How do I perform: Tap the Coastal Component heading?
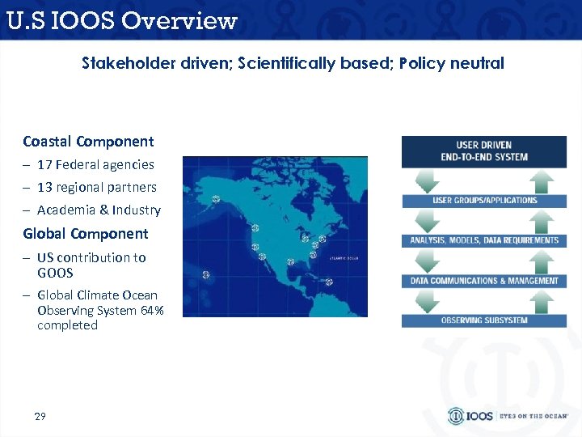pyautogui.click(x=88, y=142)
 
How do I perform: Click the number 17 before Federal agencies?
pyautogui.click(x=44, y=164)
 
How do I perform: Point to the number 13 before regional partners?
pyautogui.click(x=44, y=187)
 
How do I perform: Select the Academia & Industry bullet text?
pyautogui.click(x=99, y=210)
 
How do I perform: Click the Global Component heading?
pyautogui.click(x=86, y=234)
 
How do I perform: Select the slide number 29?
pyautogui.click(x=40, y=416)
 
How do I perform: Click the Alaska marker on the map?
pyautogui.click(x=216, y=199)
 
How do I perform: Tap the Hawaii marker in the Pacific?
pyautogui.click(x=206, y=275)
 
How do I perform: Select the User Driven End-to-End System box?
pyautogui.click(x=483, y=151)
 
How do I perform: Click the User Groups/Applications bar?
pyautogui.click(x=483, y=200)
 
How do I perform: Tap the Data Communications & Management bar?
pyautogui.click(x=483, y=281)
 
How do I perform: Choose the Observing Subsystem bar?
pyautogui.click(x=483, y=320)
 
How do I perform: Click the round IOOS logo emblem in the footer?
pyautogui.click(x=457, y=416)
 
